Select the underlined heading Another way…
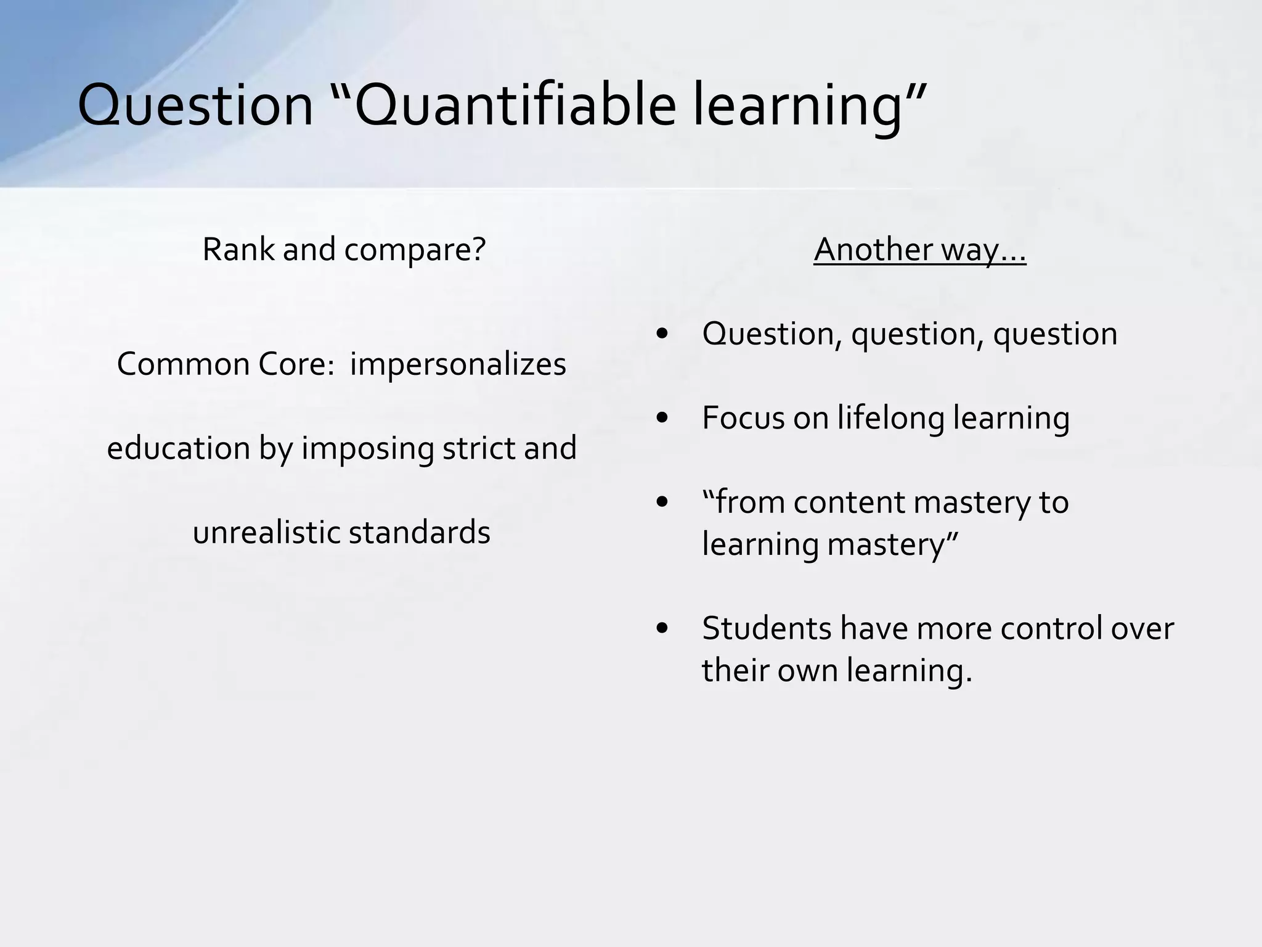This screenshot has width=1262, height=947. coord(919,250)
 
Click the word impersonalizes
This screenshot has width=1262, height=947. coord(458,364)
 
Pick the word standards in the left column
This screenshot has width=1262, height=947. coord(419,532)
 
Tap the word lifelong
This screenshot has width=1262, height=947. coord(890,418)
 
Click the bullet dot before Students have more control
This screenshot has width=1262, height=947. coord(662,629)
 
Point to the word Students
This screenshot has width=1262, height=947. coord(766,628)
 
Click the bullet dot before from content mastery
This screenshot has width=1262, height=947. coord(662,503)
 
